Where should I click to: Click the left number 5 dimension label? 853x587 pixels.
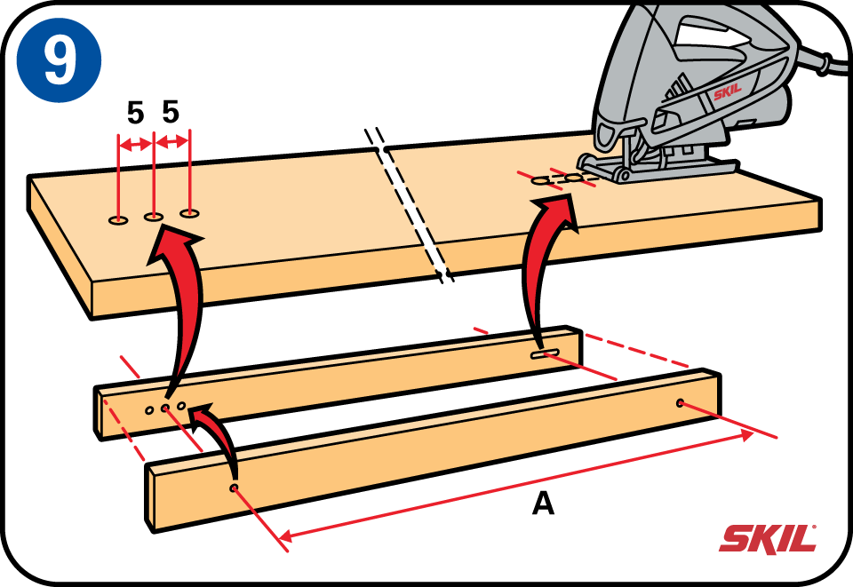(135, 113)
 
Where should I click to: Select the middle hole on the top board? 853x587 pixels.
(154, 215)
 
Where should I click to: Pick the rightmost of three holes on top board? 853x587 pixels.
(190, 212)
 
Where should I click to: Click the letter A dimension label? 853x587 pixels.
(543, 504)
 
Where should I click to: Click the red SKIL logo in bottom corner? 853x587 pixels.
(768, 538)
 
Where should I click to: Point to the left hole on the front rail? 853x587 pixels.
(235, 488)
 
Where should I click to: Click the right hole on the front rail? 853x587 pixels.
(681, 402)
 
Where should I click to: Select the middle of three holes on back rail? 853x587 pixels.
(165, 408)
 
